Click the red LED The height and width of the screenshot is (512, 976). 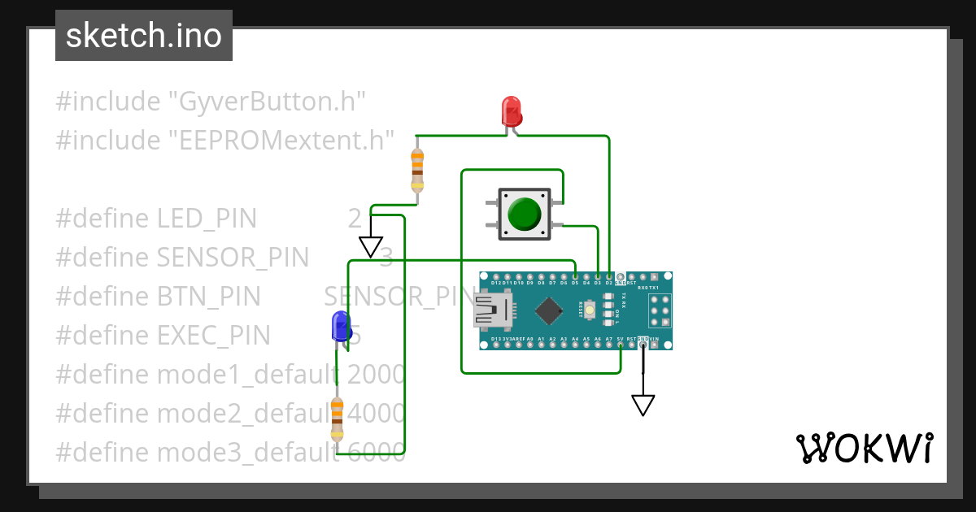pyautogui.click(x=511, y=111)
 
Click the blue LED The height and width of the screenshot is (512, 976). pyautogui.click(x=341, y=326)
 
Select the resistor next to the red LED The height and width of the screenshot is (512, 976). pyautogui.click(x=417, y=170)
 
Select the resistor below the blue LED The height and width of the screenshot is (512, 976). pyautogui.click(x=337, y=419)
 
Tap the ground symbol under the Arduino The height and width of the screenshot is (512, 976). pyautogui.click(x=643, y=404)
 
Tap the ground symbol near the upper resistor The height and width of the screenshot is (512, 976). pyautogui.click(x=371, y=246)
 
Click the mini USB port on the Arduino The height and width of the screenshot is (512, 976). pyautogui.click(x=492, y=310)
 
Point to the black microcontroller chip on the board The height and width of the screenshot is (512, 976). pyautogui.click(x=551, y=310)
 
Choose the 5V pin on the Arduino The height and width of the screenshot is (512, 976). pyautogui.click(x=620, y=345)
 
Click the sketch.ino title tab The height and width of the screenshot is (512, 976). pyautogui.click(x=144, y=36)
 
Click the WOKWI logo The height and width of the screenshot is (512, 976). pyautogui.click(x=863, y=448)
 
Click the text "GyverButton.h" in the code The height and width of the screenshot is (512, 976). pyautogui.click(x=267, y=102)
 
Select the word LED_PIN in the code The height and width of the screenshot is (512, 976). pyautogui.click(x=206, y=219)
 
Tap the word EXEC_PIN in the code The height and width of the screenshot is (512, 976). pyautogui.click(x=213, y=335)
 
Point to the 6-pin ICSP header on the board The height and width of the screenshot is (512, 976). pyautogui.click(x=660, y=310)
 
